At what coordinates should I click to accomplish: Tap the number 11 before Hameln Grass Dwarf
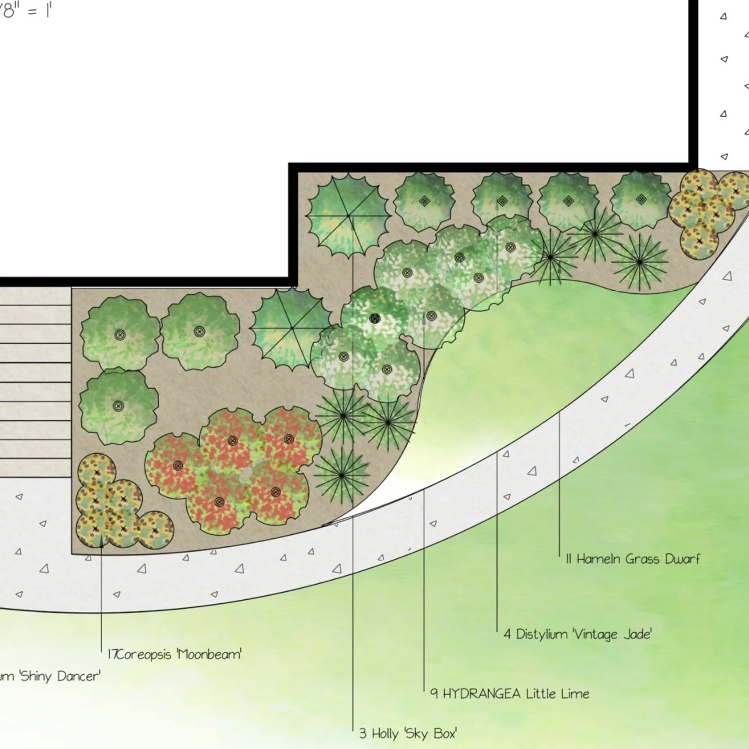568,559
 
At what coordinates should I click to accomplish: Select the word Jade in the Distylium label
637,634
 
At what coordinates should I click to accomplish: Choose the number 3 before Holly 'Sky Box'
362,734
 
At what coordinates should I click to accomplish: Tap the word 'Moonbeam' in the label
209,655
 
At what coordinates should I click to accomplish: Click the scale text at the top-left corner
26,10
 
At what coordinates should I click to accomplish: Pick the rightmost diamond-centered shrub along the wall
641,199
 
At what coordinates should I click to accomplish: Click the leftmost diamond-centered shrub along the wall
424,201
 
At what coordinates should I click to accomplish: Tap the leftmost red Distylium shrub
178,465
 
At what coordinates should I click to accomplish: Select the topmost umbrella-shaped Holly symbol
348,215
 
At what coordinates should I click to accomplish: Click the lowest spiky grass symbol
342,476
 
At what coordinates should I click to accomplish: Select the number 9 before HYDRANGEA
434,694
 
